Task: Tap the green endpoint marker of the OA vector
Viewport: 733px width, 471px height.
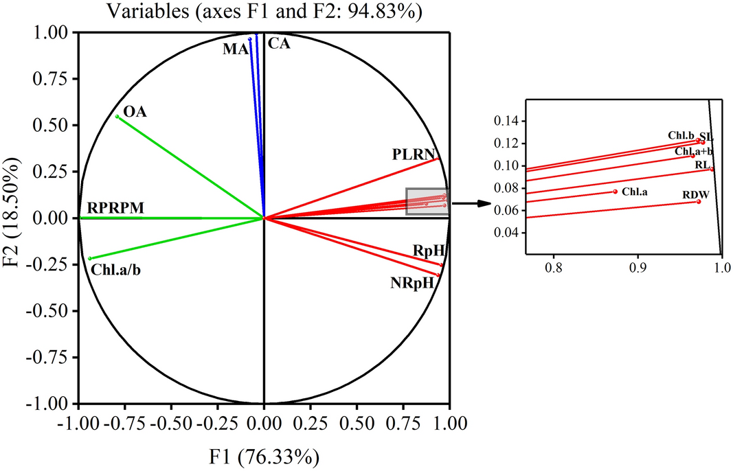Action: pyautogui.click(x=117, y=117)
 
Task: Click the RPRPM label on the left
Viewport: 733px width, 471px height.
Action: pyautogui.click(x=115, y=208)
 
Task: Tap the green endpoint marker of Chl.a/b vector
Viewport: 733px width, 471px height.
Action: pyautogui.click(x=90, y=258)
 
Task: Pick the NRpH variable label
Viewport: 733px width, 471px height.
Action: pyautogui.click(x=412, y=282)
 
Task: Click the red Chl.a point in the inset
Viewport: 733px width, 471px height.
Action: pyautogui.click(x=615, y=192)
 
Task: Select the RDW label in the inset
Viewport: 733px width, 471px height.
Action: pyautogui.click(x=691, y=195)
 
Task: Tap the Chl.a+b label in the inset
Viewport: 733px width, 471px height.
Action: pyautogui.click(x=694, y=151)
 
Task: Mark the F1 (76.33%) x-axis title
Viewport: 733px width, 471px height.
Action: pyautogui.click(x=264, y=455)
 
